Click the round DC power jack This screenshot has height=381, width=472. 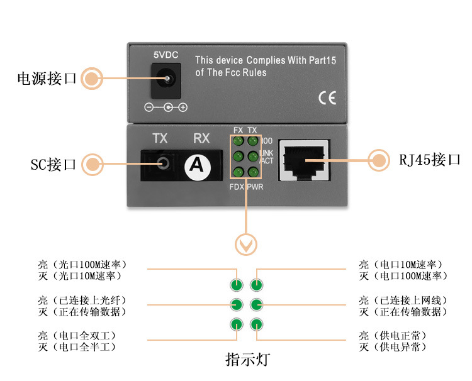(168, 80)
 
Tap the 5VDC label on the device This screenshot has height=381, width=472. (166, 55)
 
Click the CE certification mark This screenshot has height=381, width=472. (327, 97)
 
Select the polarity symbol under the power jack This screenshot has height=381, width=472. (166, 108)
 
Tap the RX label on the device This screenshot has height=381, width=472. (201, 138)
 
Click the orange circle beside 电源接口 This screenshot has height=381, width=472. (92, 79)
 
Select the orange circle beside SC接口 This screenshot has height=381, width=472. (93, 164)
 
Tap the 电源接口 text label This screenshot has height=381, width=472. (47, 79)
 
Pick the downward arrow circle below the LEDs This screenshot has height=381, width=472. (245, 244)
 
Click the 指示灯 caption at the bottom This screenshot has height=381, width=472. (247, 360)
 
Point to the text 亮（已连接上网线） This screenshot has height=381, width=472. (403, 301)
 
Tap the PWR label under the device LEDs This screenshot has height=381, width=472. (256, 187)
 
